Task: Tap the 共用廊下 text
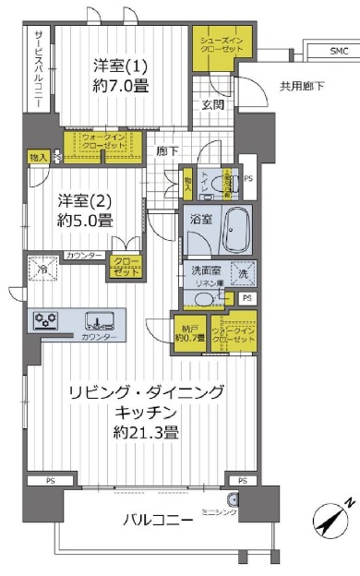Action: (303, 87)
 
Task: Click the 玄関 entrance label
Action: (213, 104)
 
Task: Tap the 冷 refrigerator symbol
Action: (42, 270)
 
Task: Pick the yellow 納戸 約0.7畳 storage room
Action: (189, 331)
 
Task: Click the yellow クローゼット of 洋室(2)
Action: (125, 268)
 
